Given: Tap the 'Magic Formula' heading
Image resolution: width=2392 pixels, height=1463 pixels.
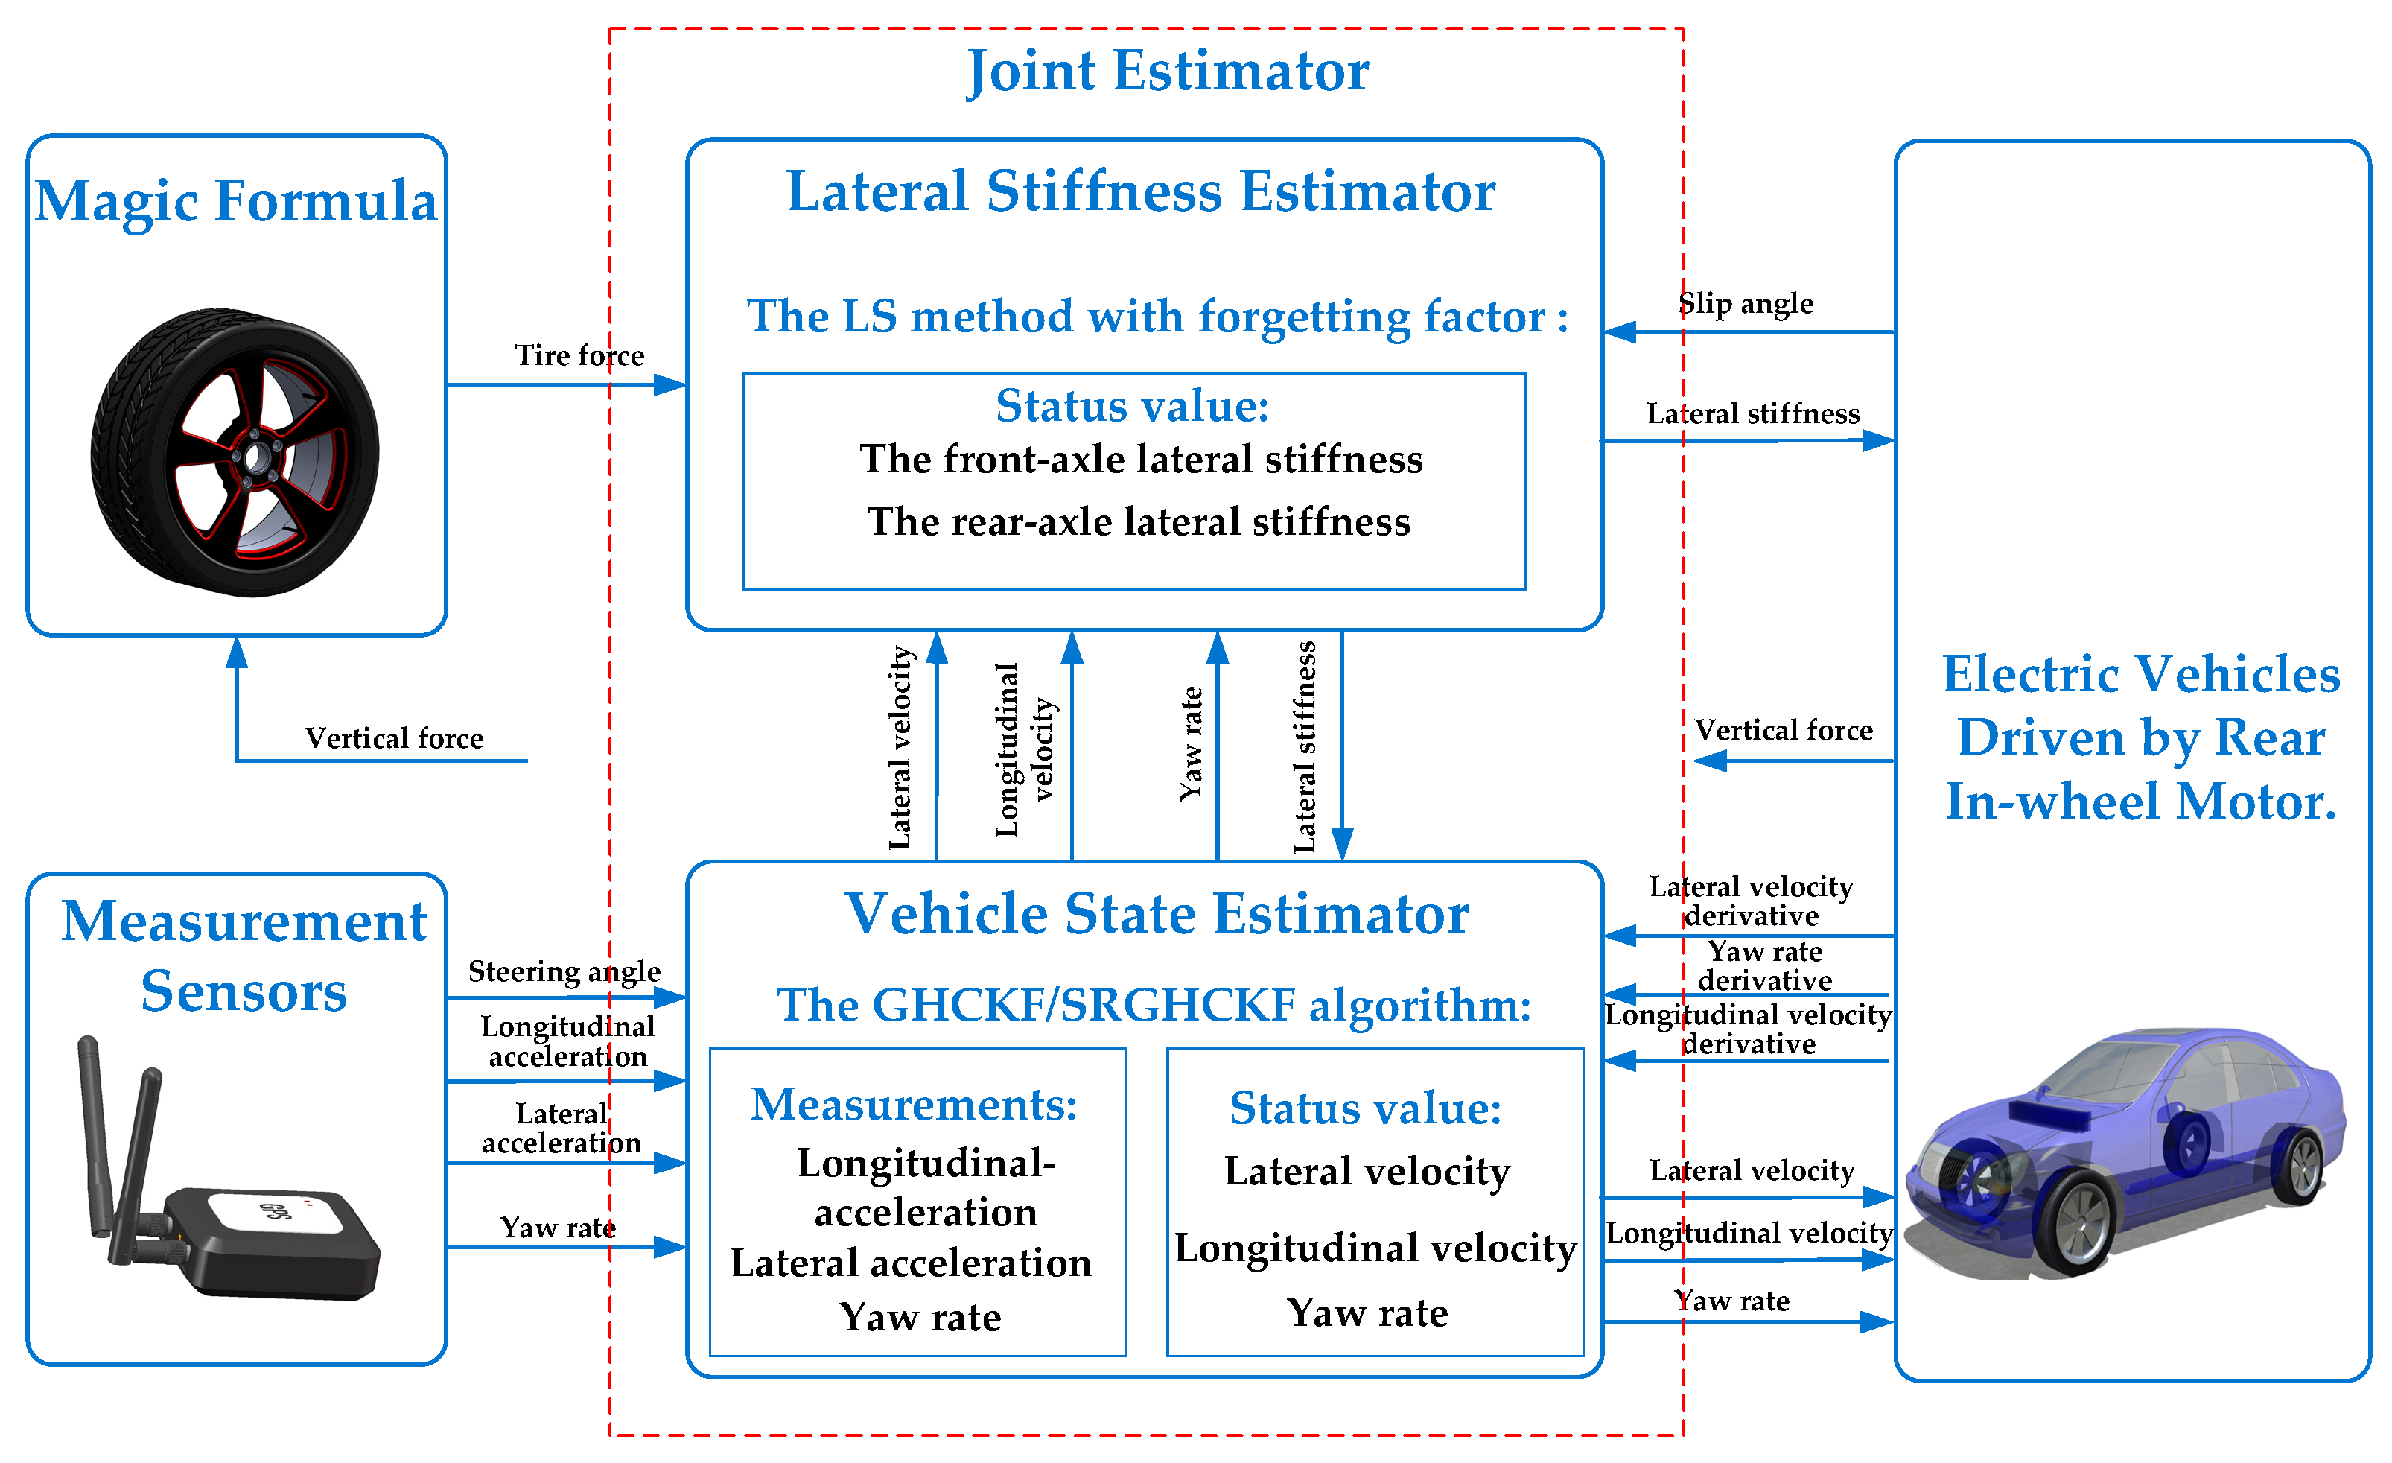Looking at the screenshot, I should click(x=236, y=201).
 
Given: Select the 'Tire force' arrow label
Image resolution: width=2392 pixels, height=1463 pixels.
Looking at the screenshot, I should click(x=579, y=355).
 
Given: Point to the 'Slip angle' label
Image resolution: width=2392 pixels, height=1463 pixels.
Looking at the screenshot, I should click(x=1746, y=304).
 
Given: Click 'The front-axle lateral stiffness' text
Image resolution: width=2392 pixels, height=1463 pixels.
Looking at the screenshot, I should click(x=1141, y=459).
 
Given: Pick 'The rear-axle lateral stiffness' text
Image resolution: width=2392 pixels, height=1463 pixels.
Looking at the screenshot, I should click(x=1138, y=522).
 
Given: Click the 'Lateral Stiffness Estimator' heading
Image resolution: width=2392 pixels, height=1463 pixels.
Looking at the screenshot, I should click(x=1141, y=191).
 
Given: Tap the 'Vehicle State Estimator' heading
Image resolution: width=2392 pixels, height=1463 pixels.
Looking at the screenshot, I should click(x=1157, y=915).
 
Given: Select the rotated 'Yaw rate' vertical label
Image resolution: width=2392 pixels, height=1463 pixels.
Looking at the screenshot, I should click(x=1191, y=743).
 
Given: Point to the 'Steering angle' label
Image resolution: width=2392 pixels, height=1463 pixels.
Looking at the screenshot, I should click(x=564, y=971).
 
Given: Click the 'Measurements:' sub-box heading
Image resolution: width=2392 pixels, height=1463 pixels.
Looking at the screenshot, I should click(x=914, y=1105).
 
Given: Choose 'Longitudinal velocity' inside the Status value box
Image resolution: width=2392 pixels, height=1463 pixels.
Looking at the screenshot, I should click(x=1375, y=1248).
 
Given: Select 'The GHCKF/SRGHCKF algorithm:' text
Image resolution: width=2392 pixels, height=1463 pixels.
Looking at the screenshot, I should click(x=1154, y=1005).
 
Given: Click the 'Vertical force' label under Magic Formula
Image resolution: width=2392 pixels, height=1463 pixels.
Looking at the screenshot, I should click(x=393, y=737).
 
